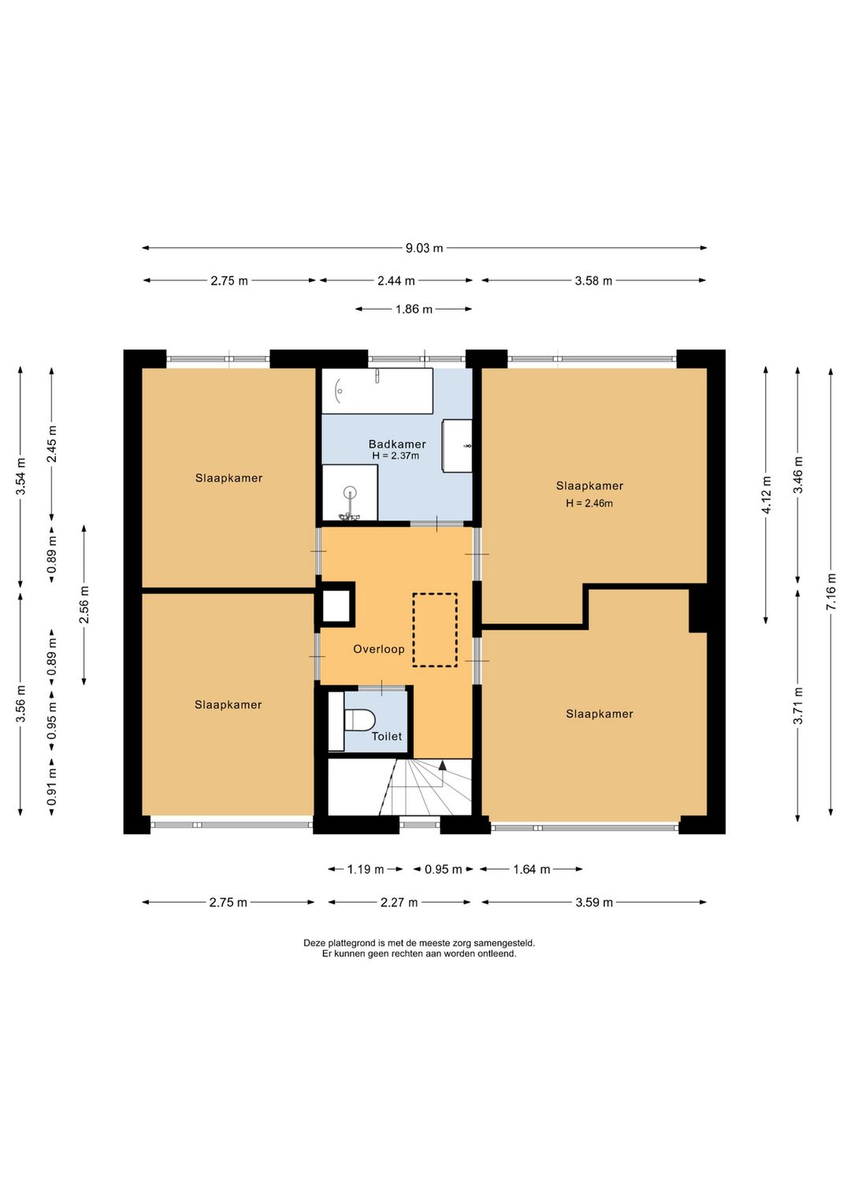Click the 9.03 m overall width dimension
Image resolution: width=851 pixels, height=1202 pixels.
pos(424,248)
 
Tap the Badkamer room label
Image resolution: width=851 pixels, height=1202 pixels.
pos(397,443)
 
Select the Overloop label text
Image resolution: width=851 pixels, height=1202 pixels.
pos(378,649)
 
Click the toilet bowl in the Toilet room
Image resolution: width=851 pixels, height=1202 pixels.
pos(359,720)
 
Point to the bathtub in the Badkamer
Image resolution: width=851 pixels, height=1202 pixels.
pos(377,391)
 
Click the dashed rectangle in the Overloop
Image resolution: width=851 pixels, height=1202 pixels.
pos(435,630)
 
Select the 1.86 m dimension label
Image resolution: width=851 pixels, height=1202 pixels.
pos(414,309)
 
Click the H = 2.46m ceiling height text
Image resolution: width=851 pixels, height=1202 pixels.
pos(589,503)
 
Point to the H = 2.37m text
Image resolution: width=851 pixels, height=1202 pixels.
pos(396,456)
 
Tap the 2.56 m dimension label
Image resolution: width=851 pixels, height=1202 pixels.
pos(84,605)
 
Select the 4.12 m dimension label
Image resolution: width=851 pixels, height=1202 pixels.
pos(766,495)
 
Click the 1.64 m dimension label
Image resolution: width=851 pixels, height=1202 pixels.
pos(532,870)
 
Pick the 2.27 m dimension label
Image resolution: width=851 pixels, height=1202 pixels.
pos(399,903)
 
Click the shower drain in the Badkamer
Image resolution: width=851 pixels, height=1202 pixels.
pos(350,491)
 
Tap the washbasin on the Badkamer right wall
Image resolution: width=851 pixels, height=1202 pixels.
pos(457,447)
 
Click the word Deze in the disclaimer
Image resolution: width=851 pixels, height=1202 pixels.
pos(314,942)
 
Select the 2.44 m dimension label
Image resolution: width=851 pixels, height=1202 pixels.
pos(396,280)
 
